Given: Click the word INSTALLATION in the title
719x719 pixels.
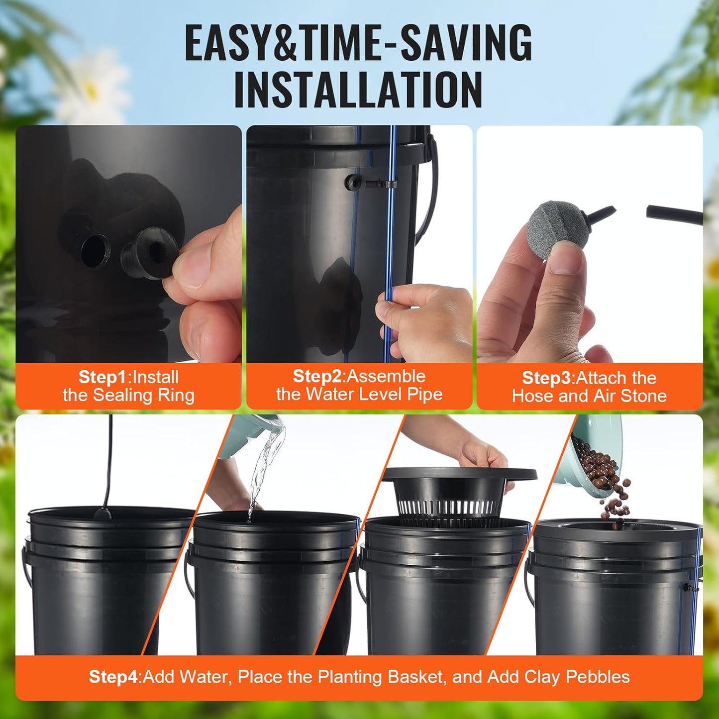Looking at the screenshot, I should [358, 90].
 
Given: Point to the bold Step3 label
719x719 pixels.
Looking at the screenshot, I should [546, 378].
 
